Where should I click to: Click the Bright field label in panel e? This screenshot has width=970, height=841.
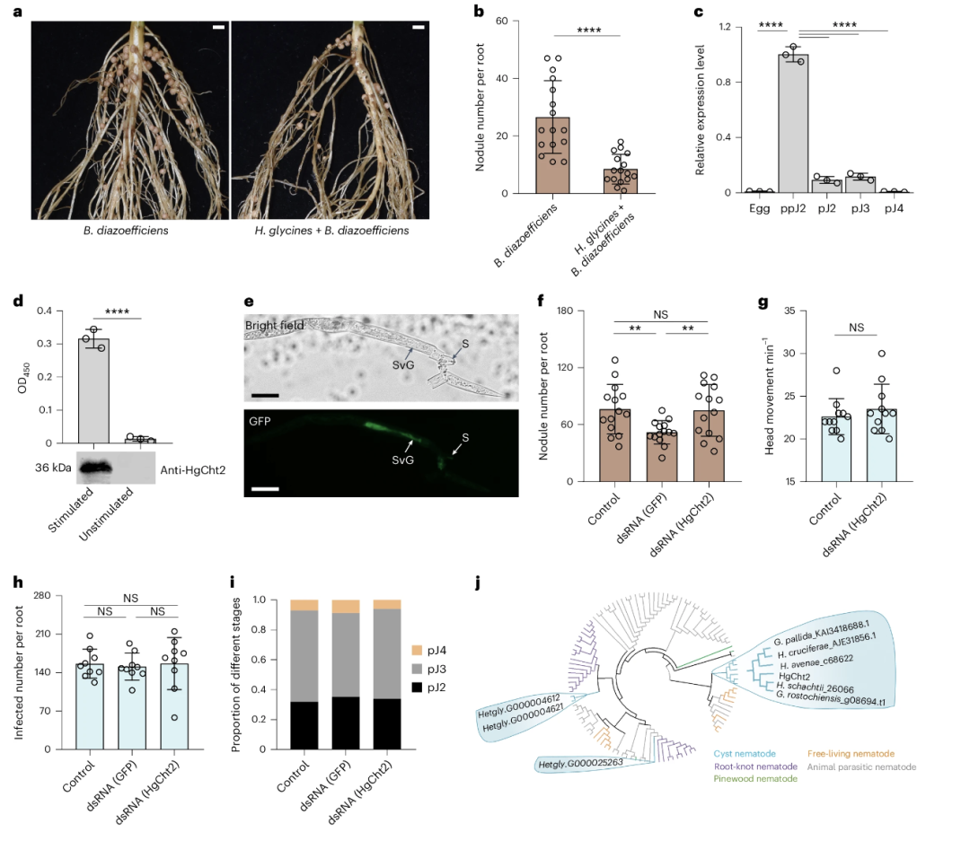pos(278,324)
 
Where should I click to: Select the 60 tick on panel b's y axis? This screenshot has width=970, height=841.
pos(515,21)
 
